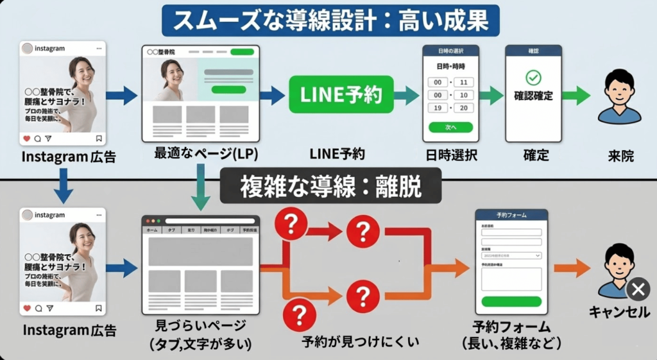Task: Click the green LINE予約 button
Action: pyautogui.click(x=341, y=95)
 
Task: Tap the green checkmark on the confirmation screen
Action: pyautogui.click(x=533, y=78)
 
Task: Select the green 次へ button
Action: pyautogui.click(x=450, y=127)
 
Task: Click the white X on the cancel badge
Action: pyautogui.click(x=637, y=290)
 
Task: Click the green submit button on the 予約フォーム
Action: pyautogui.click(x=511, y=302)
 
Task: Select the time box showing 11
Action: pyautogui.click(x=462, y=82)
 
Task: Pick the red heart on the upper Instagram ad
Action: pyautogui.click(x=26, y=138)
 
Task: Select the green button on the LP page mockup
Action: pyautogui.click(x=228, y=90)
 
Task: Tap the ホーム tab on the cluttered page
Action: pyautogui.click(x=152, y=229)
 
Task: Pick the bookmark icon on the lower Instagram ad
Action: pyautogui.click(x=98, y=308)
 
